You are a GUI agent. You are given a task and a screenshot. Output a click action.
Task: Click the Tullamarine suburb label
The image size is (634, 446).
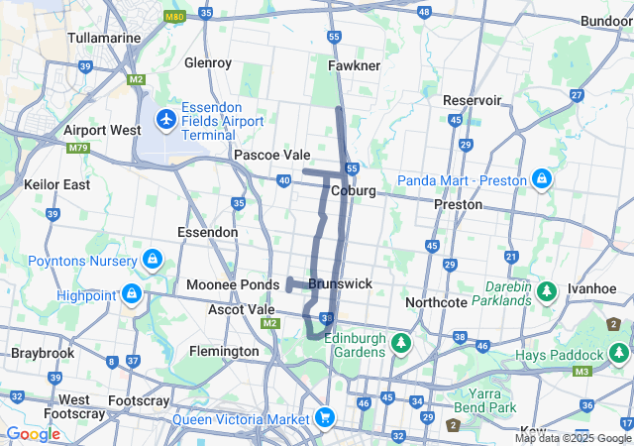tap(102, 38)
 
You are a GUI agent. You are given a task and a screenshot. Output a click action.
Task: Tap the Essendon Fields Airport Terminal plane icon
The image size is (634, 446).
tap(165, 120)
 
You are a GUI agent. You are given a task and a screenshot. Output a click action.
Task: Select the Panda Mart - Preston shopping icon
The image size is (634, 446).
tap(541, 179)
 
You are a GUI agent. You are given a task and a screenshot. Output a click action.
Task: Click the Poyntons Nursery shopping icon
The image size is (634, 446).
tap(151, 261)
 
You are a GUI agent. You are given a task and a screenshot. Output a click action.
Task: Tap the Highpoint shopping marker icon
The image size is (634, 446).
tap(131, 294)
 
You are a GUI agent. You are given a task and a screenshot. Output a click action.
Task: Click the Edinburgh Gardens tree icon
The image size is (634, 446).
tap(400, 343)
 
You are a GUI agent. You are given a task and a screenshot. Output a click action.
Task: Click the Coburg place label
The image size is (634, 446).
tap(354, 190)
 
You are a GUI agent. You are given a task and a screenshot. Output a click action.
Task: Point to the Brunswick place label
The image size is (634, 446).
tap(340, 283)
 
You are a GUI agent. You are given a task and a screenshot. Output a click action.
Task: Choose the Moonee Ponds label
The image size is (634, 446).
tap(233, 284)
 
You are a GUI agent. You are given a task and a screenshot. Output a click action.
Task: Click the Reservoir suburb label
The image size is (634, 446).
tap(472, 100)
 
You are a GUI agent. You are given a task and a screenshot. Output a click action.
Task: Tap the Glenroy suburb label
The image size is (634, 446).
tap(208, 62)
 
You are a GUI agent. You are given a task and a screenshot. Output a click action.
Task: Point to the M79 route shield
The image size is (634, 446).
tap(78, 149)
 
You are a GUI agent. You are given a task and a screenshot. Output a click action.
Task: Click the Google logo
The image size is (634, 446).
tap(33, 433)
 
